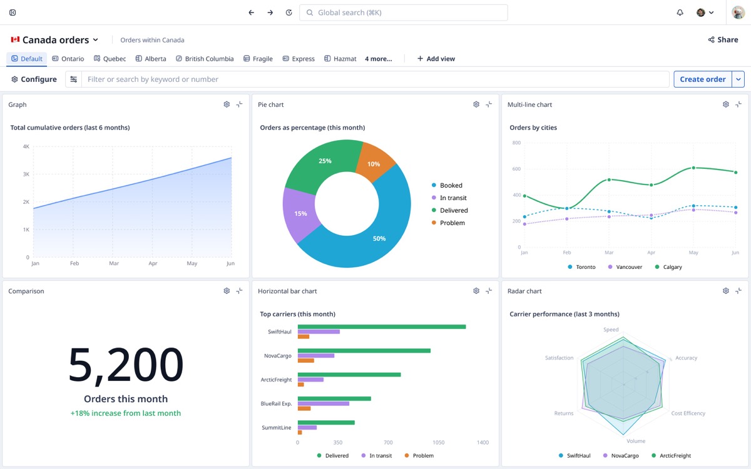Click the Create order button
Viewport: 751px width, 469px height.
click(x=702, y=79)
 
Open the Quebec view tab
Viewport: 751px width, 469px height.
click(x=110, y=59)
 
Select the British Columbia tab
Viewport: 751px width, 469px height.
click(x=205, y=59)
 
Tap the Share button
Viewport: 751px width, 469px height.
click(x=723, y=39)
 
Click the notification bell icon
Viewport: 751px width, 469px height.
click(x=680, y=13)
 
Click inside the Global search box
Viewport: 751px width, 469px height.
click(x=403, y=13)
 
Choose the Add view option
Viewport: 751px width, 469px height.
click(x=436, y=59)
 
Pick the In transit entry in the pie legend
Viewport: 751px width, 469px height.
click(x=449, y=198)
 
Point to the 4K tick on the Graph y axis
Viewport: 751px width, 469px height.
click(x=26, y=146)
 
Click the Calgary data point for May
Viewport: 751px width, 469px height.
click(x=693, y=168)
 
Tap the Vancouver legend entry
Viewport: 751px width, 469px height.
click(x=625, y=267)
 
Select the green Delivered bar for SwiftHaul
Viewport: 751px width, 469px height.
click(x=382, y=326)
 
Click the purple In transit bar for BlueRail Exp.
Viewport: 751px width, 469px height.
click(x=323, y=404)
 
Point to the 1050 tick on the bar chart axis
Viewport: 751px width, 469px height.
click(x=438, y=443)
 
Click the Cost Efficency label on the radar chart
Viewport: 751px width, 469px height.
click(x=688, y=413)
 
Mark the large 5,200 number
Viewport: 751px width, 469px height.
click(x=126, y=365)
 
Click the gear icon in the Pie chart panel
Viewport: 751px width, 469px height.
click(x=476, y=104)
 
